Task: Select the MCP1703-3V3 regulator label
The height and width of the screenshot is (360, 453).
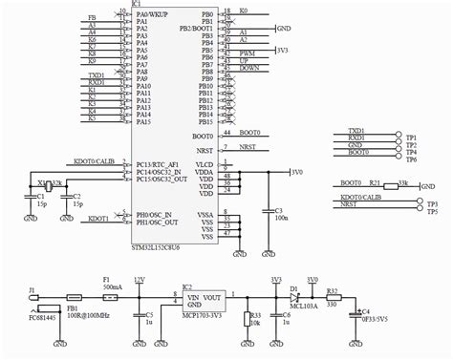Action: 203,317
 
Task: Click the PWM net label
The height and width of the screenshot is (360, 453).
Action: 248,58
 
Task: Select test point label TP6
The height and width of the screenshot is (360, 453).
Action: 412,159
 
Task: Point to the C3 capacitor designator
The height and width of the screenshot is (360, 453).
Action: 278,209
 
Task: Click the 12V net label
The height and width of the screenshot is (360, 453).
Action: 140,279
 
